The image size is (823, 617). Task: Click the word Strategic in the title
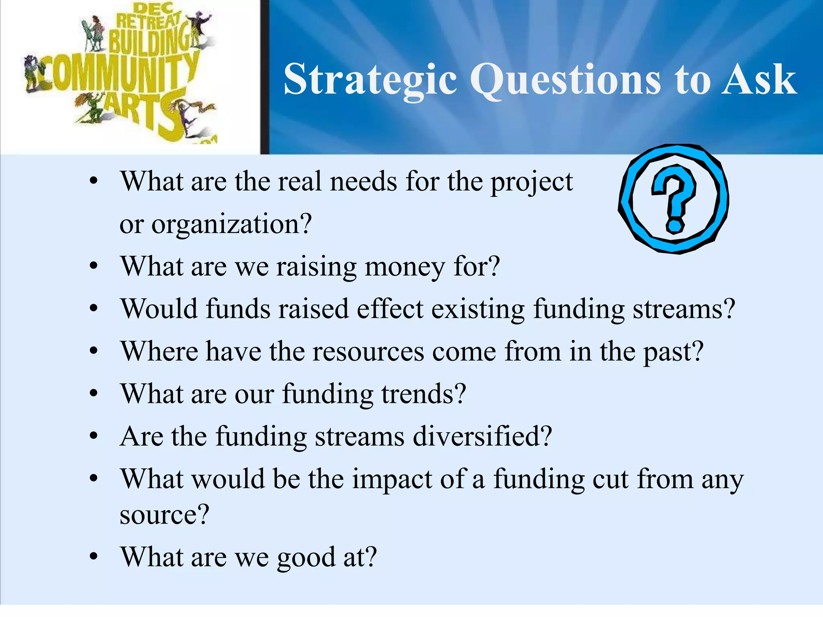coord(370,80)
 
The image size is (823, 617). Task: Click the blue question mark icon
coord(674,199)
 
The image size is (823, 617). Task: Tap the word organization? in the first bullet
coord(231,224)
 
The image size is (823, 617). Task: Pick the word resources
coord(368,351)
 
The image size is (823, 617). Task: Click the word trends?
coord(424,394)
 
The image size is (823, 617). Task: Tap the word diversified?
coord(482,436)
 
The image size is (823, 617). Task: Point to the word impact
coord(392,479)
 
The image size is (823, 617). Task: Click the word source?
coord(164,515)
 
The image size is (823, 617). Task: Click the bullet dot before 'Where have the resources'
coord(94,352)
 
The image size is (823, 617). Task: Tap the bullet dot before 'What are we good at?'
coord(94,557)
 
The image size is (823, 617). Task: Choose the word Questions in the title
coord(565,80)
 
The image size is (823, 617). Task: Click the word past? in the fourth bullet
coord(673,351)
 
